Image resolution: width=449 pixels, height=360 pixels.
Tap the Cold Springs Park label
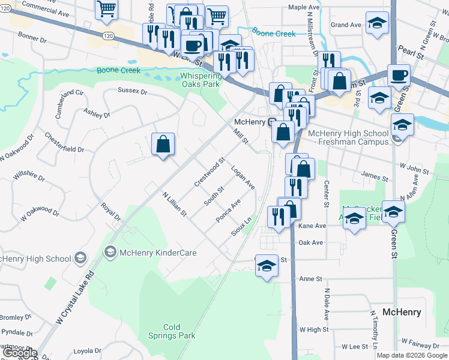pos(172,331)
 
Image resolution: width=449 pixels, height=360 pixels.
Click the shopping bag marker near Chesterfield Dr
pos(163,144)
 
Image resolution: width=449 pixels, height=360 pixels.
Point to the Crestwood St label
pos(209,172)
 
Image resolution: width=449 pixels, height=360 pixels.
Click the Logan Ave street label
pos(243,178)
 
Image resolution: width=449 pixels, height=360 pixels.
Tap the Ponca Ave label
pos(228,211)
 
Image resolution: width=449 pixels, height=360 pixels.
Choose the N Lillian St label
pos(175,204)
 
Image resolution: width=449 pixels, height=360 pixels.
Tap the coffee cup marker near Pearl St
pos(399,76)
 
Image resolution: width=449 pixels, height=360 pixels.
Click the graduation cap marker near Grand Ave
pos(376,24)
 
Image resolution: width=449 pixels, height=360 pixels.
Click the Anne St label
pos(311,279)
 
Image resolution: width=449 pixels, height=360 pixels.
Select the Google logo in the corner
pos(19,353)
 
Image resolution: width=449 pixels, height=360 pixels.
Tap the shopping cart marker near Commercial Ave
pos(106,8)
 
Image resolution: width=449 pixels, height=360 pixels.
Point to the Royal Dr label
pos(111,211)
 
